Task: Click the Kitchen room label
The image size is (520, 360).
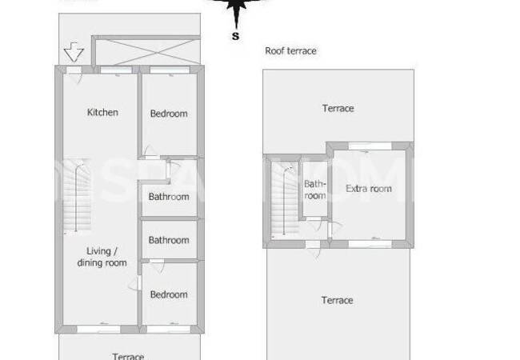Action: click(x=102, y=112)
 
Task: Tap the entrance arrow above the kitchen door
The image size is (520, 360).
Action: click(x=74, y=54)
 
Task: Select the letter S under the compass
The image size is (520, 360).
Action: click(x=235, y=36)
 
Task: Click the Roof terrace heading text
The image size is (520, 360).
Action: click(x=290, y=50)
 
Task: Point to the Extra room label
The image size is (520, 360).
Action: click(x=369, y=189)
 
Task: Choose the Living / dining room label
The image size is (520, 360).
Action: click(x=102, y=257)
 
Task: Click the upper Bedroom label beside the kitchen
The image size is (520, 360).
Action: click(x=169, y=114)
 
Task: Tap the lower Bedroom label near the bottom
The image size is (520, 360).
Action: click(x=169, y=294)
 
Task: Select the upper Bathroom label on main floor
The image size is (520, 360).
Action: click(x=169, y=197)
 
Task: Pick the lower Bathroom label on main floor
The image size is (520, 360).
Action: click(x=169, y=240)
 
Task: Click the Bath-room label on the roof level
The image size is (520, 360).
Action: click(x=314, y=190)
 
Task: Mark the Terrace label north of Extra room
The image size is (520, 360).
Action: click(x=338, y=108)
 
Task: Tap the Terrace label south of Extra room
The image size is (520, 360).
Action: click(x=338, y=300)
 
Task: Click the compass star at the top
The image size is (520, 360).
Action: click(x=235, y=10)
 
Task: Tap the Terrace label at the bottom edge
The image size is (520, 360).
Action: click(x=128, y=357)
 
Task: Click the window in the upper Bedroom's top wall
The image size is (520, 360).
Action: click(x=169, y=74)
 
